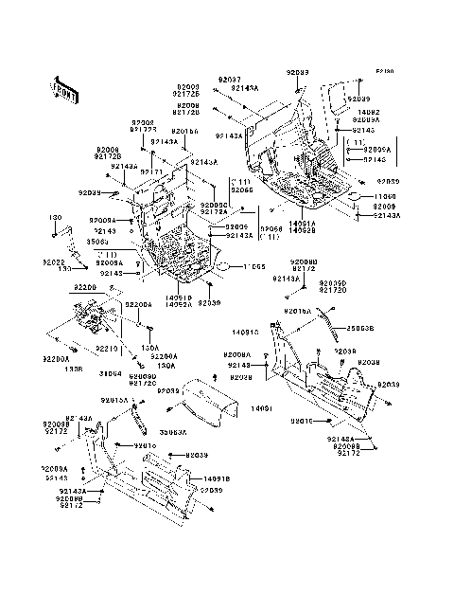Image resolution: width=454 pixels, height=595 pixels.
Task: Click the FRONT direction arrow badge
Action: point(61,87)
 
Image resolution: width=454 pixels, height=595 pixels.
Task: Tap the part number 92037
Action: point(226,80)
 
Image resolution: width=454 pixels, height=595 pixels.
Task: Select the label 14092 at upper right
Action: point(365,113)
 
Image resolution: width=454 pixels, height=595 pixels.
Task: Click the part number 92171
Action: point(151,171)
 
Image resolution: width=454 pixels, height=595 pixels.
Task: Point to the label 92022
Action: point(53,261)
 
